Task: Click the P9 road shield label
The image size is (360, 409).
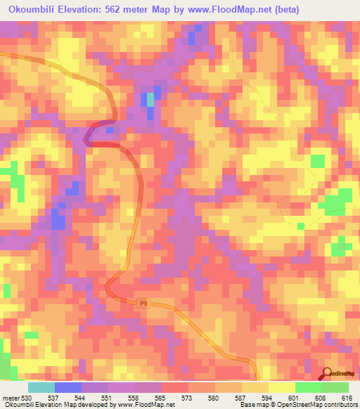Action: (143, 303)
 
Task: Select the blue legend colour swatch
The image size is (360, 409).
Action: (67, 387)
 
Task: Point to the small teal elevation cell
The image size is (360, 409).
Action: (150, 99)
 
